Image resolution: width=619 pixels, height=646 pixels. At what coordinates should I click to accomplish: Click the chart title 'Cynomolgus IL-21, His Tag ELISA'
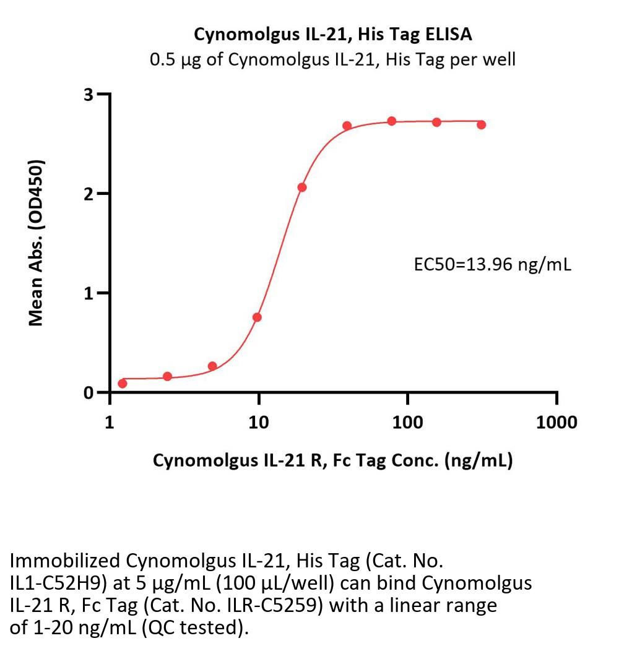point(333,35)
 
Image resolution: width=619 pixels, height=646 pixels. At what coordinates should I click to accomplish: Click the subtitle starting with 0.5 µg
point(333,60)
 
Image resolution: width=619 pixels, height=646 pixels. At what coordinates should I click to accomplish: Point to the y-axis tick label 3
point(89,95)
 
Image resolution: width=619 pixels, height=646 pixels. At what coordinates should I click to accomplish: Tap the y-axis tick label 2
point(89,194)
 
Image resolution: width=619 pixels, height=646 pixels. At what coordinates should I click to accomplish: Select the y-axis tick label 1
point(89,293)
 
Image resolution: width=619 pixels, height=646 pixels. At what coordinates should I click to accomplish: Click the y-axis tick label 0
point(89,393)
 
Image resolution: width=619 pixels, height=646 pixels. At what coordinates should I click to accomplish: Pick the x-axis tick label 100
point(408,423)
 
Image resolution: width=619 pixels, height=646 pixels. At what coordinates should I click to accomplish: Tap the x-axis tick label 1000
point(557,423)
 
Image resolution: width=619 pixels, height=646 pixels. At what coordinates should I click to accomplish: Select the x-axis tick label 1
point(110,423)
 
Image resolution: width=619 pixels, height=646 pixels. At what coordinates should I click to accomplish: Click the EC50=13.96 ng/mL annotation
point(492,265)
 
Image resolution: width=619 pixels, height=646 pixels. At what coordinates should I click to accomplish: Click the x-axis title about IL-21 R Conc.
point(333,461)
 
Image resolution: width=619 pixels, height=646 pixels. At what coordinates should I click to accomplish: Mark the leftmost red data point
point(123,384)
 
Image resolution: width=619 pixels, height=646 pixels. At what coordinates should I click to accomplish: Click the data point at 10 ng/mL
point(257,317)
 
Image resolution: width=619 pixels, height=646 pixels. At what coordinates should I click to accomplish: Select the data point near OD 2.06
point(302,187)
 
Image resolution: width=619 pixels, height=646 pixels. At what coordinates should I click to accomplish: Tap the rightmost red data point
point(482,124)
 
